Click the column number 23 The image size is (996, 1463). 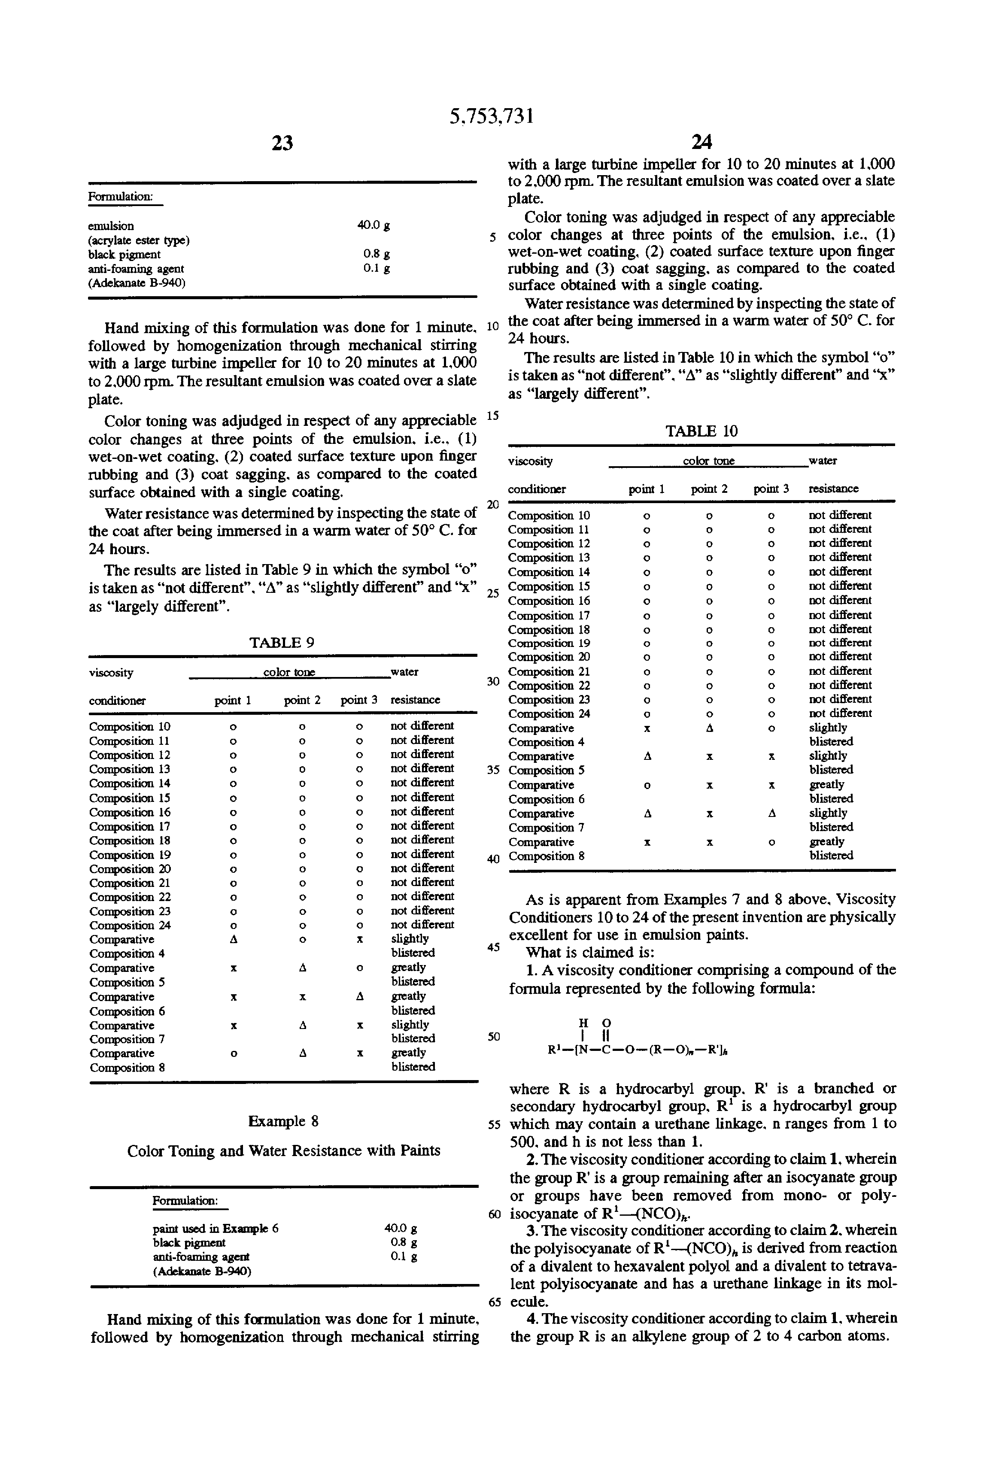click(x=282, y=143)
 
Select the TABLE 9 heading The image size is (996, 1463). click(x=282, y=643)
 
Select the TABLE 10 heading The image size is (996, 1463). click(x=701, y=431)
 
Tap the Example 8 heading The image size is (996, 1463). click(x=282, y=1121)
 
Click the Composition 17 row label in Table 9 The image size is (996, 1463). click(x=130, y=826)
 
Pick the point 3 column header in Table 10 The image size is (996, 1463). click(x=771, y=489)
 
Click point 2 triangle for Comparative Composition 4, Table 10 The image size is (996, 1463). click(x=709, y=728)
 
